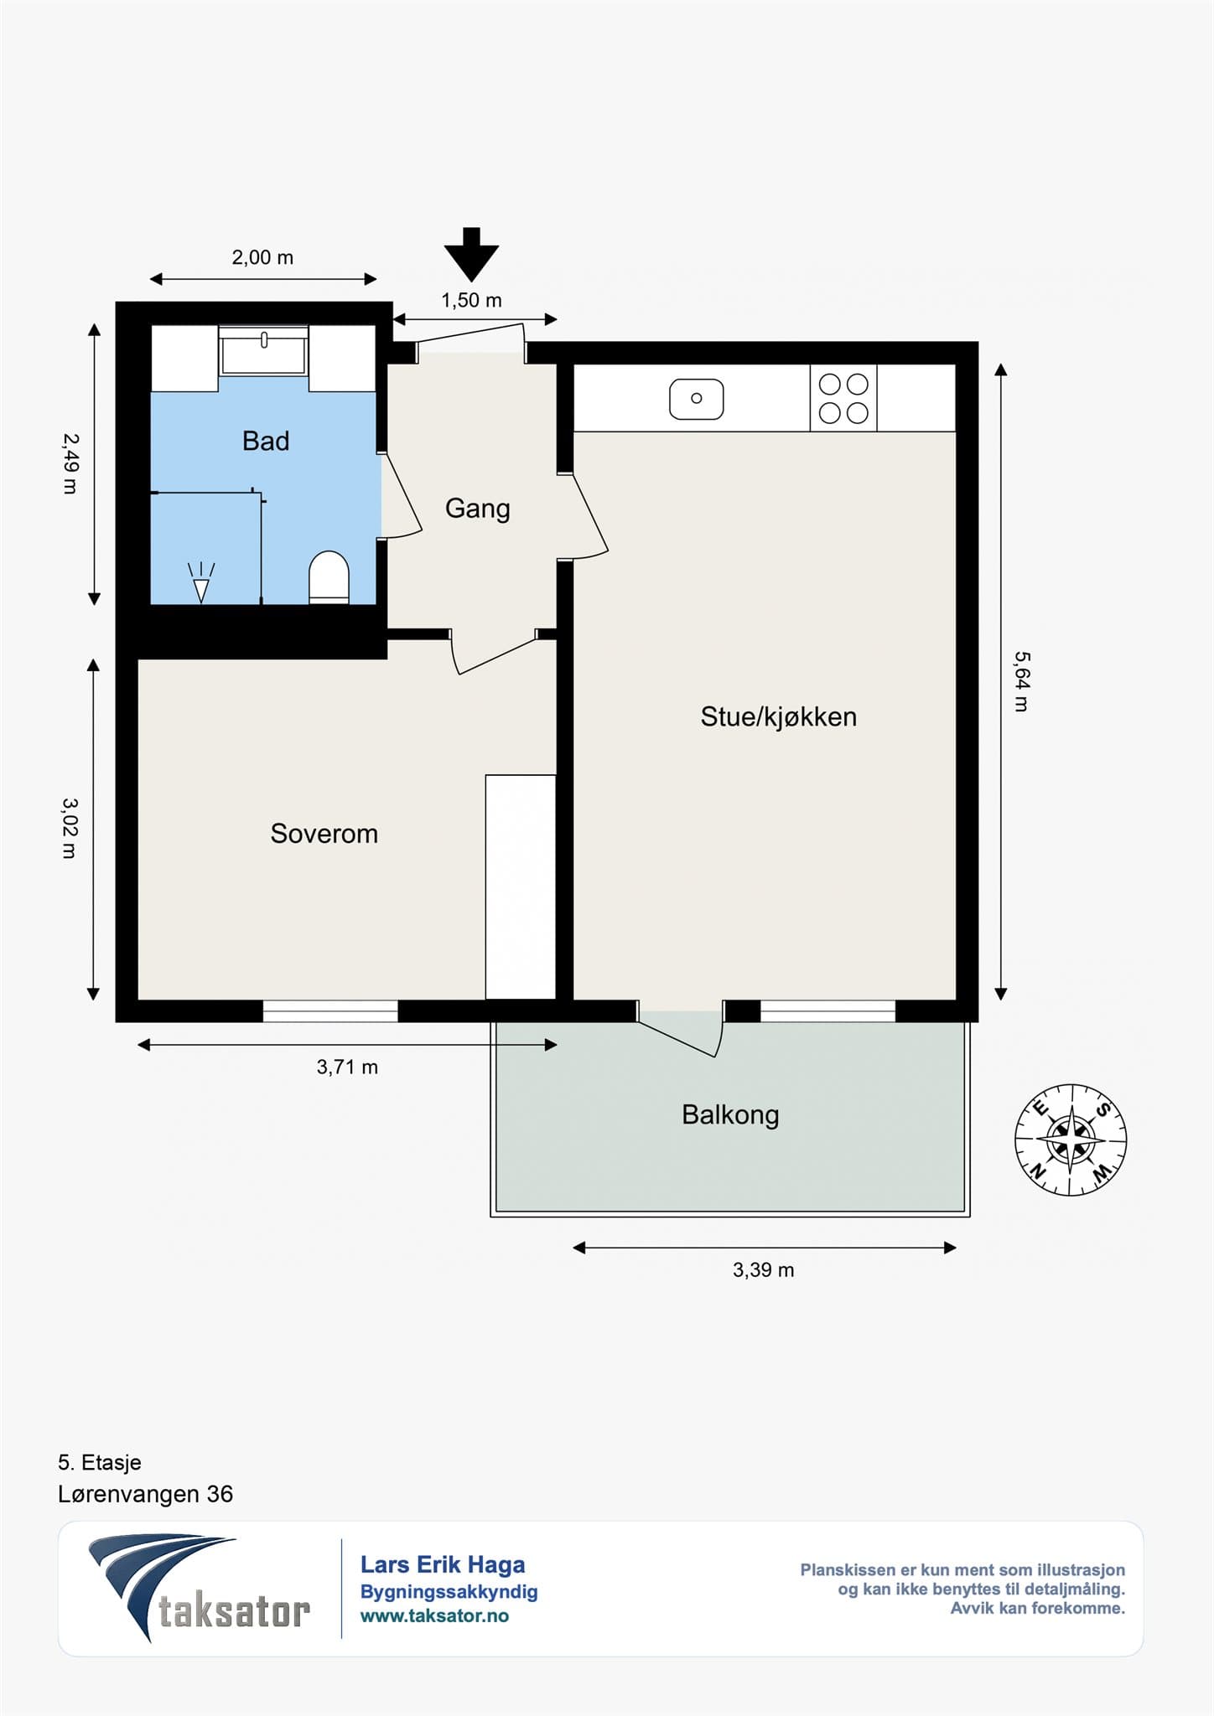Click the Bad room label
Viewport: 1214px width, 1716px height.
pos(266,441)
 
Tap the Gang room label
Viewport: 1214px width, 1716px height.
pos(477,509)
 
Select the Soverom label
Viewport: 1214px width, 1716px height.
pos(324,834)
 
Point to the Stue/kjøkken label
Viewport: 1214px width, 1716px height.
pos(779,716)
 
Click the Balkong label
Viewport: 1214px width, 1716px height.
pos(730,1115)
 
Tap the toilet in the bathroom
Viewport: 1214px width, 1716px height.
pos(329,577)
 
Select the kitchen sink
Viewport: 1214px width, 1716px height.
pos(696,399)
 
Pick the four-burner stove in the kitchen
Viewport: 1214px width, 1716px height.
pos(843,398)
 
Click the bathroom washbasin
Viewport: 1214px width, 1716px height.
pos(263,351)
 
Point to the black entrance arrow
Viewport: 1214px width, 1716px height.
pos(472,254)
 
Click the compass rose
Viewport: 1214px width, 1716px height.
pos(1071,1140)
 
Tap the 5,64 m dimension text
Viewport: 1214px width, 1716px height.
pos(1021,681)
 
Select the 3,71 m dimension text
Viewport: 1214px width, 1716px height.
pos(347,1067)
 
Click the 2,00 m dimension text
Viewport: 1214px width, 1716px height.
pos(262,258)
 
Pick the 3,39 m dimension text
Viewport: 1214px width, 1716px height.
pos(763,1270)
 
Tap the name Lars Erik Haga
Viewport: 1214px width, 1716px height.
pos(443,1564)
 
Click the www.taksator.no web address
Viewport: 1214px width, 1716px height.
pos(434,1615)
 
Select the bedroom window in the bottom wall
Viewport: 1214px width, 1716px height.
pos(330,1011)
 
